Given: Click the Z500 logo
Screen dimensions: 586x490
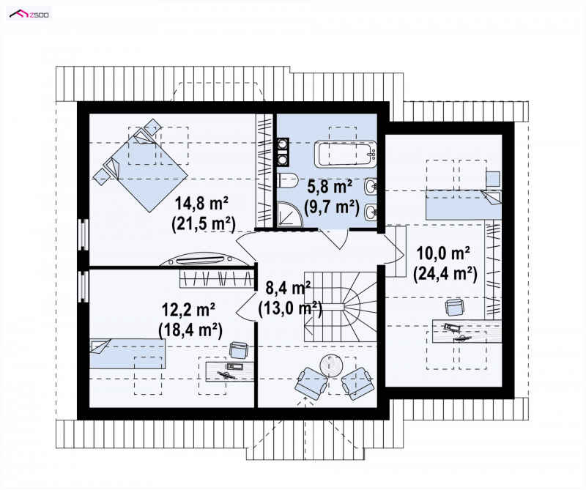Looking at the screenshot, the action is (x=29, y=14).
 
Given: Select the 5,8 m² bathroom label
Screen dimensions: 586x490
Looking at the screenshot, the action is (x=330, y=186).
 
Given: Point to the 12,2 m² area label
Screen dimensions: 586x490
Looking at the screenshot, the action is (x=188, y=310).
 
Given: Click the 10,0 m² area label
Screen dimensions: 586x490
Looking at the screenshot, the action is (x=443, y=253).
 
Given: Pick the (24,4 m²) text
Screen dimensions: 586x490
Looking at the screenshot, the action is (x=445, y=274).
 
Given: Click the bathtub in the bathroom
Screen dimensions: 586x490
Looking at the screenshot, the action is (x=345, y=154).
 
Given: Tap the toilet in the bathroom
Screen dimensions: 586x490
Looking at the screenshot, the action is (x=287, y=181).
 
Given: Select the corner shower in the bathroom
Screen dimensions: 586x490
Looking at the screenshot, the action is (x=289, y=214).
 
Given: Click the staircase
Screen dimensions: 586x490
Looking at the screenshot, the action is (x=340, y=306).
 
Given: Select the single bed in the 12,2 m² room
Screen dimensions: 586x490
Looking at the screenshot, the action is (x=127, y=354).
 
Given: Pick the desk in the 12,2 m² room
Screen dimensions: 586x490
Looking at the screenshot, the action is (x=231, y=371).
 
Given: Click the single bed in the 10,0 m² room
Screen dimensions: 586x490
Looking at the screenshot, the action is (x=464, y=205).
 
